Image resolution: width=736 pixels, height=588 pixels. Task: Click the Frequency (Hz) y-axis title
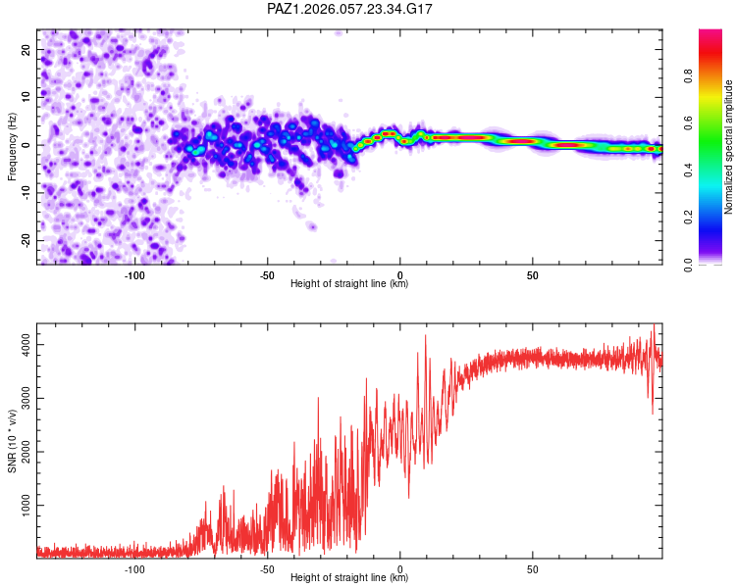coord(13,146)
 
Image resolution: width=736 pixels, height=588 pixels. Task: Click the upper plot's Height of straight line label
coord(349,284)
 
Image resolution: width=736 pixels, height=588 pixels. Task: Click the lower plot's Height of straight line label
coord(349,578)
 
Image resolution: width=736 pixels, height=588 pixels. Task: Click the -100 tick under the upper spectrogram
coord(134,275)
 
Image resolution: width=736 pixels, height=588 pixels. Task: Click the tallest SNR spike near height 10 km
coord(426,336)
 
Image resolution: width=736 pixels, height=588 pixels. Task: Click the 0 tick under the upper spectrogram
coord(400,275)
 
